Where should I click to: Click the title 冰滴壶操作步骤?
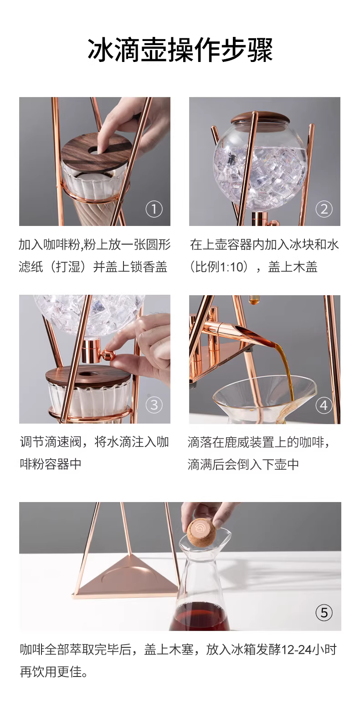tap(180, 50)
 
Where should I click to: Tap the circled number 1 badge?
tap(154, 209)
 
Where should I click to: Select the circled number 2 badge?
tap(324, 209)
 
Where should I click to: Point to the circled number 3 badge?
tap(154, 405)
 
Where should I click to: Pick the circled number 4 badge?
tap(324, 405)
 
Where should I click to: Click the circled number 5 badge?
tap(324, 613)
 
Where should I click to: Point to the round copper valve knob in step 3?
tap(108, 354)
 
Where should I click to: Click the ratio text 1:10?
tap(231, 267)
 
